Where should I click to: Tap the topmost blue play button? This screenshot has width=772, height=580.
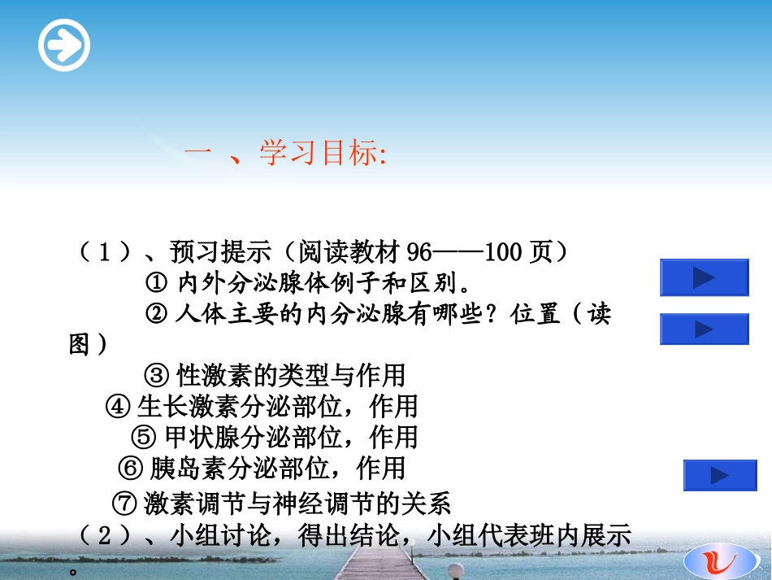[x=704, y=277]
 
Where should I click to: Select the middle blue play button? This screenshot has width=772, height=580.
[x=704, y=329]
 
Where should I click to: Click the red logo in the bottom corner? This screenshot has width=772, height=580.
[x=718, y=560]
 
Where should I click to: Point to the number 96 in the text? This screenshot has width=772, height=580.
[x=419, y=251]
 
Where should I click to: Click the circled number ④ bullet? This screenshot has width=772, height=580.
[x=118, y=406]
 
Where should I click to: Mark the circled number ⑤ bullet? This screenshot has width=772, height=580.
[x=143, y=437]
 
